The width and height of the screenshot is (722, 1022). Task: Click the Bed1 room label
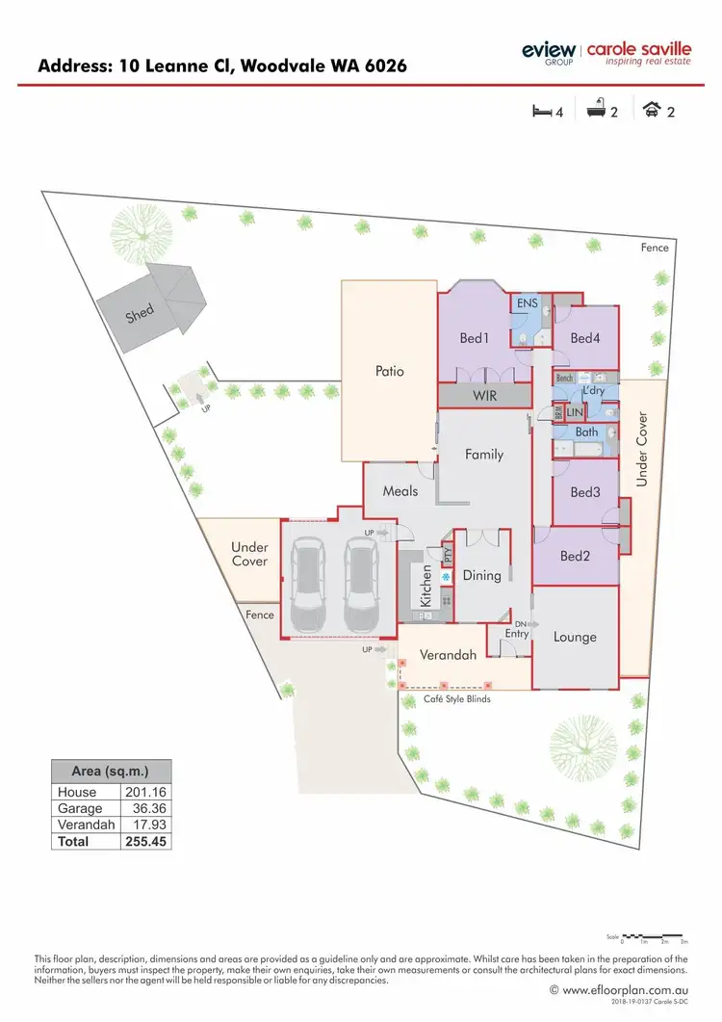coord(475,338)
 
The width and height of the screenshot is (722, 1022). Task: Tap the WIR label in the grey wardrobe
coord(484,396)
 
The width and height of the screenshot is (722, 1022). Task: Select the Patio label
coord(389,371)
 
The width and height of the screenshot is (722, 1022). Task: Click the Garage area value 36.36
coord(147,808)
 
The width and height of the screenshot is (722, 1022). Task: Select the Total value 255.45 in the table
coord(147,841)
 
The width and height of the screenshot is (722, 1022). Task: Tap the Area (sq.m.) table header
coord(111,772)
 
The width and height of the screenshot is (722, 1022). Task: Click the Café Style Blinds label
coord(457,698)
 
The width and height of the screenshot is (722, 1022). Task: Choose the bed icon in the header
coord(542,111)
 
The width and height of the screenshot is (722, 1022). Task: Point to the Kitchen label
coord(425,586)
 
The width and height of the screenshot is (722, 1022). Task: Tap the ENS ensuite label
coord(528,303)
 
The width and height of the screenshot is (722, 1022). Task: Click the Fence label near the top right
coord(655,248)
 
